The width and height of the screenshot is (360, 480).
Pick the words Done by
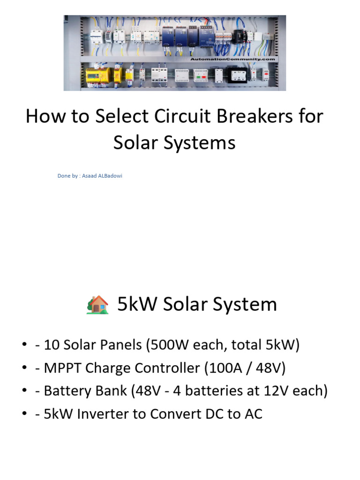pyautogui.click(x=67, y=176)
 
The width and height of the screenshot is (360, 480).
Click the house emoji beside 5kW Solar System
pyautogui.click(x=97, y=305)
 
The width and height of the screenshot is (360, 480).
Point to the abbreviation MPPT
pyautogui.click(x=58, y=368)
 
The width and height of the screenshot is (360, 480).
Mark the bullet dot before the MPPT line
pyautogui.click(x=24, y=368)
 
